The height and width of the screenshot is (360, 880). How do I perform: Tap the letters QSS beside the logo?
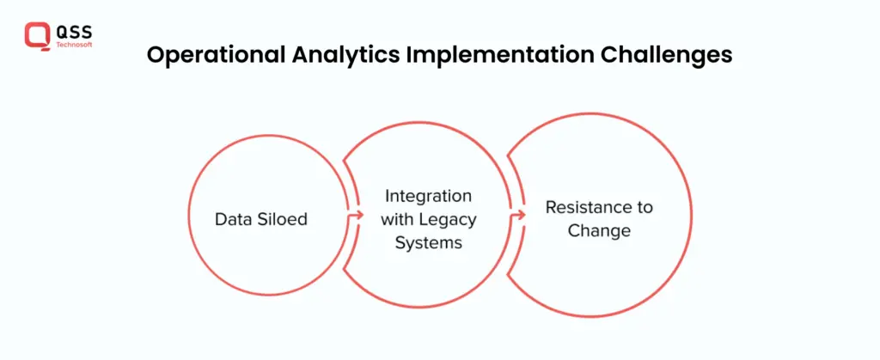(74, 32)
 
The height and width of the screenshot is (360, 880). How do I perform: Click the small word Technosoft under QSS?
(74, 45)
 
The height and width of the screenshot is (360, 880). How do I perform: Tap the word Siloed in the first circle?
(283, 219)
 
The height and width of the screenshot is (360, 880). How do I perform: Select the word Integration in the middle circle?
(428, 197)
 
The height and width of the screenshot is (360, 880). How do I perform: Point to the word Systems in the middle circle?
(429, 243)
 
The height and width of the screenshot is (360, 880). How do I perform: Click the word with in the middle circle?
(399, 219)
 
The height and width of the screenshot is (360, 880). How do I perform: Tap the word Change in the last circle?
(599, 230)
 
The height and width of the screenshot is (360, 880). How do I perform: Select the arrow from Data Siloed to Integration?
(355, 215)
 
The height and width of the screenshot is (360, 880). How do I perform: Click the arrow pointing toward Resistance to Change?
(518, 215)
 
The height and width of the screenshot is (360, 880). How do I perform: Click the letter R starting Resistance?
(552, 207)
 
